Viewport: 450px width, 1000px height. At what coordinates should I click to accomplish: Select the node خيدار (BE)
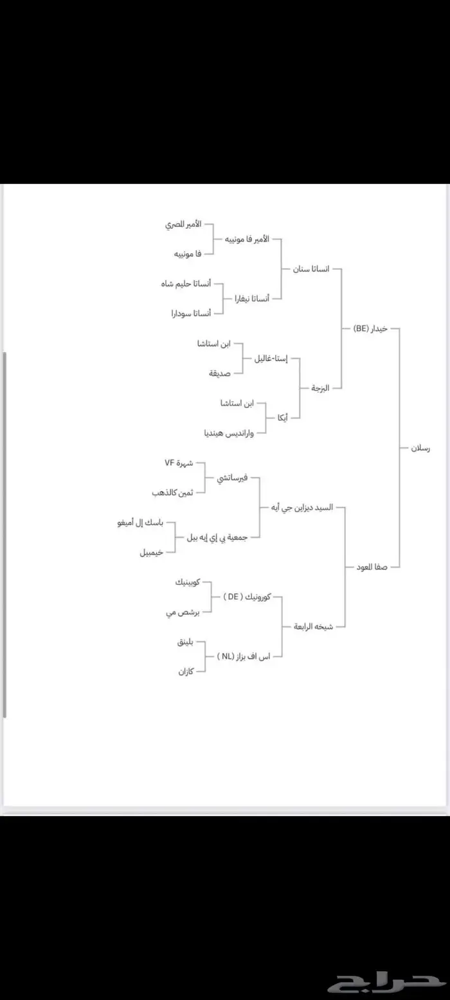tap(371, 328)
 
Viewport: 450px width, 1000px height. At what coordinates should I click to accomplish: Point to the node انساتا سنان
tap(311, 269)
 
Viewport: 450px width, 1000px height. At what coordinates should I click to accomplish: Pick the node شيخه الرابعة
tap(314, 626)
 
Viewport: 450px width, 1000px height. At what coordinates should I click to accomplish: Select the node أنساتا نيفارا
tap(251, 298)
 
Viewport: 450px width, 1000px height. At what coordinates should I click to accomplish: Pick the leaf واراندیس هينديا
tap(228, 433)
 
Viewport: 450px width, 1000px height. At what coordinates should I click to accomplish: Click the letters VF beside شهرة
tap(169, 462)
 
